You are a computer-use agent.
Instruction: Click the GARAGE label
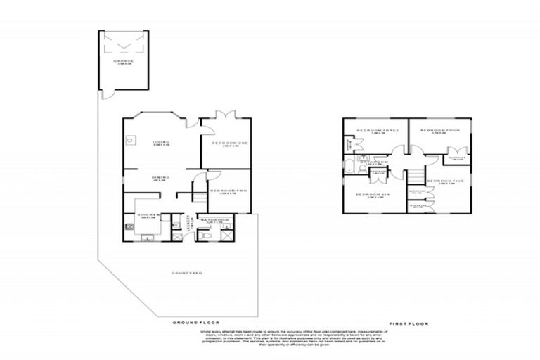[x=123, y=62]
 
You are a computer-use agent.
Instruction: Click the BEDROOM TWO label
[x=227, y=191]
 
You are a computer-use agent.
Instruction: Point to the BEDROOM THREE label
[x=378, y=131]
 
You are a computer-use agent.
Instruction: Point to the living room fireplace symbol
[x=131, y=140]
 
